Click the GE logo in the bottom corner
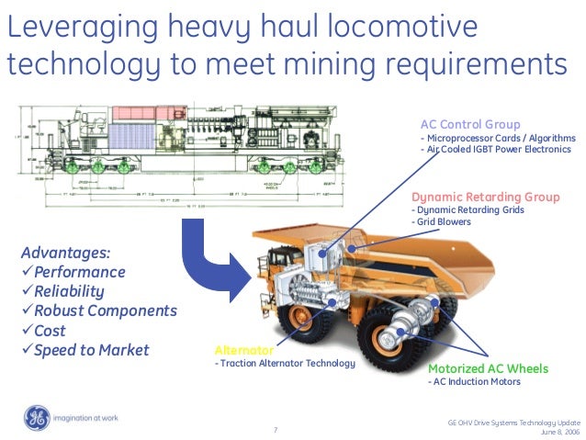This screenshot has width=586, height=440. pyautogui.click(x=38, y=418)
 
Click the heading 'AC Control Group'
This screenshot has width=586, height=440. pyautogui.click(x=470, y=124)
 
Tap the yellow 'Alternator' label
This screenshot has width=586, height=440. pyautogui.click(x=243, y=350)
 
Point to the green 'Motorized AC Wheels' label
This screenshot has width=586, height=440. pyautogui.click(x=489, y=368)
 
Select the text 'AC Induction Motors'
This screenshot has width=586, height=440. pyautogui.click(x=477, y=382)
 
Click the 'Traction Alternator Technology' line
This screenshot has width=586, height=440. pyautogui.click(x=286, y=364)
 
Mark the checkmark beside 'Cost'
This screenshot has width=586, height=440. pyautogui.click(x=27, y=331)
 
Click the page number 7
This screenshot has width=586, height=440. pyautogui.click(x=276, y=429)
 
